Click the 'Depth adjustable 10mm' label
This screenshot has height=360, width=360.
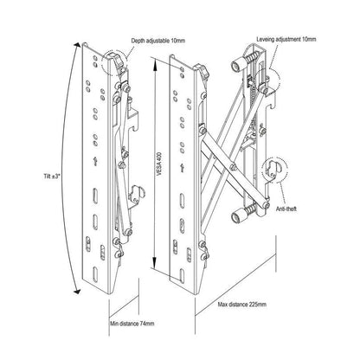[x=158, y=41]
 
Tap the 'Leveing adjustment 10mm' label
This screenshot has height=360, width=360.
[x=286, y=39]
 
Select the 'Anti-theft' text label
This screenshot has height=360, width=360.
[x=286, y=209]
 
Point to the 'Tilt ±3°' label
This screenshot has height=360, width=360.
[x=52, y=176]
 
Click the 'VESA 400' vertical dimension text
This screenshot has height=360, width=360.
[x=159, y=164]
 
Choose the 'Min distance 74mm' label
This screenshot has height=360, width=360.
[x=132, y=324]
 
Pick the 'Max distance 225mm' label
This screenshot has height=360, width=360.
[x=242, y=305]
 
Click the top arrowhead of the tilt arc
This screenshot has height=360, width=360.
[x=77, y=45]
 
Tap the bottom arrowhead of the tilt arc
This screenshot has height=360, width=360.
[x=77, y=292]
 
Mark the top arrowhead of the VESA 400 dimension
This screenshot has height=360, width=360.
[x=155, y=63]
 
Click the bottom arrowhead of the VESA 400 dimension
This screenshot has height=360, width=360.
[x=155, y=263]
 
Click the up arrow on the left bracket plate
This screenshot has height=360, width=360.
[x=95, y=162]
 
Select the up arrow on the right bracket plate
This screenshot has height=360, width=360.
[x=182, y=168]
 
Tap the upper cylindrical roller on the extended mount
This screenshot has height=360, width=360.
[x=237, y=66]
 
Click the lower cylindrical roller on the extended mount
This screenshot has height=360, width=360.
[x=238, y=216]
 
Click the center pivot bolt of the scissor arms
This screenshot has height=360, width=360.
[x=233, y=166]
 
